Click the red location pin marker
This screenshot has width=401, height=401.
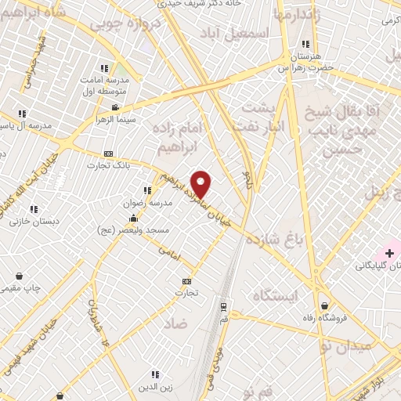click(201, 184)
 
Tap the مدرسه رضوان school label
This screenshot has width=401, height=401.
click(141, 200)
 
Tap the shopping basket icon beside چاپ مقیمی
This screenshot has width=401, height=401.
click(19, 276)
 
